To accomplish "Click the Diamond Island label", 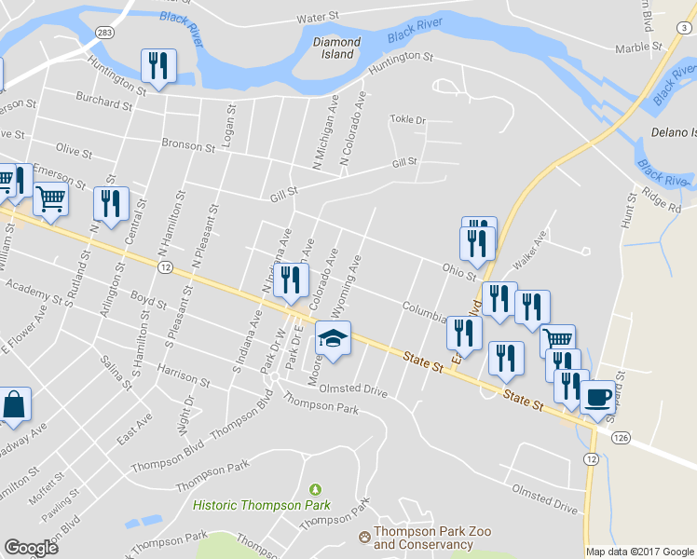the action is [336, 48].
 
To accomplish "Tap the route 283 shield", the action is [104, 33].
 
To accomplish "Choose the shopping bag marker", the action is [16, 404].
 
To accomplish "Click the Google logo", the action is [32, 548].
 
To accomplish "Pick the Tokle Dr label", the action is [407, 120].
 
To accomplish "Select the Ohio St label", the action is [459, 269].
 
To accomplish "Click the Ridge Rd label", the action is [665, 198].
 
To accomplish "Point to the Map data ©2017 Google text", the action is [639, 552].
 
